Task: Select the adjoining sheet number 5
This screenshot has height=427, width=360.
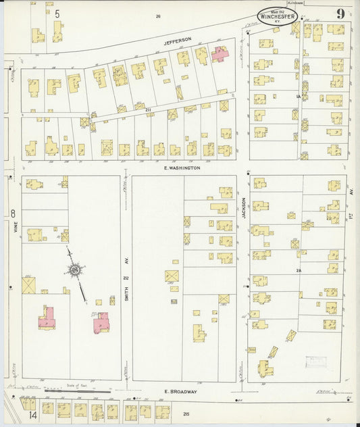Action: pyautogui.click(x=57, y=14)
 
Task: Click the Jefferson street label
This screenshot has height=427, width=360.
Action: pyautogui.click(x=178, y=40)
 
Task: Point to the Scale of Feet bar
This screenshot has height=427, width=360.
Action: pyautogui.click(x=78, y=390)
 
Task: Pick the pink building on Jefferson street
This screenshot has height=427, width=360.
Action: pyautogui.click(x=220, y=54)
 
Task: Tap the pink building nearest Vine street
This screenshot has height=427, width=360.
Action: pyautogui.click(x=47, y=318)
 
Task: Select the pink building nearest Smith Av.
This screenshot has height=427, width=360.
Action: pyautogui.click(x=102, y=322)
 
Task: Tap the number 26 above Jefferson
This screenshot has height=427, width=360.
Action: pyautogui.click(x=158, y=16)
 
